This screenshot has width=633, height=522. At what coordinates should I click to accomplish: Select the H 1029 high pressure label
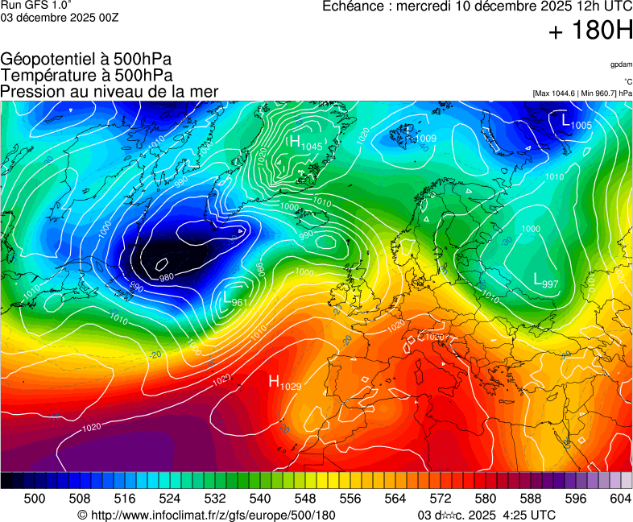pos(284,383)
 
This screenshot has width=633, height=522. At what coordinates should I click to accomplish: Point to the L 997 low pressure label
pos(546,281)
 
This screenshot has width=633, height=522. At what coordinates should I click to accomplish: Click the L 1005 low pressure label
pos(576,122)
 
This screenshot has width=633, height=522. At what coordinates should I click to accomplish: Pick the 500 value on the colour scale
pos(35,499)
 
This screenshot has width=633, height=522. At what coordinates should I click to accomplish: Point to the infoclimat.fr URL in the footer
pos(206,515)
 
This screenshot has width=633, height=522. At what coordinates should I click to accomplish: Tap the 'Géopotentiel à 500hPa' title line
pos(86,60)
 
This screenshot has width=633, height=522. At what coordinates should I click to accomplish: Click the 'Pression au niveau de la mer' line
pos(110,91)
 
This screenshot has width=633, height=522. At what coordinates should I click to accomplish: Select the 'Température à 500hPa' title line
pos(86,75)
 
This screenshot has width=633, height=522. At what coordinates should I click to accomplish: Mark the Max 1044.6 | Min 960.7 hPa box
pos(582,93)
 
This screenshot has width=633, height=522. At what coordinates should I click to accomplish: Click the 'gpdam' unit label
pos(620,64)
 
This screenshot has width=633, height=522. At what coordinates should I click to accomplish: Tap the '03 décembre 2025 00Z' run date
pos(60,18)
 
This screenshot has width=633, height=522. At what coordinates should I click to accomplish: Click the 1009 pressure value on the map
pos(425,139)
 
